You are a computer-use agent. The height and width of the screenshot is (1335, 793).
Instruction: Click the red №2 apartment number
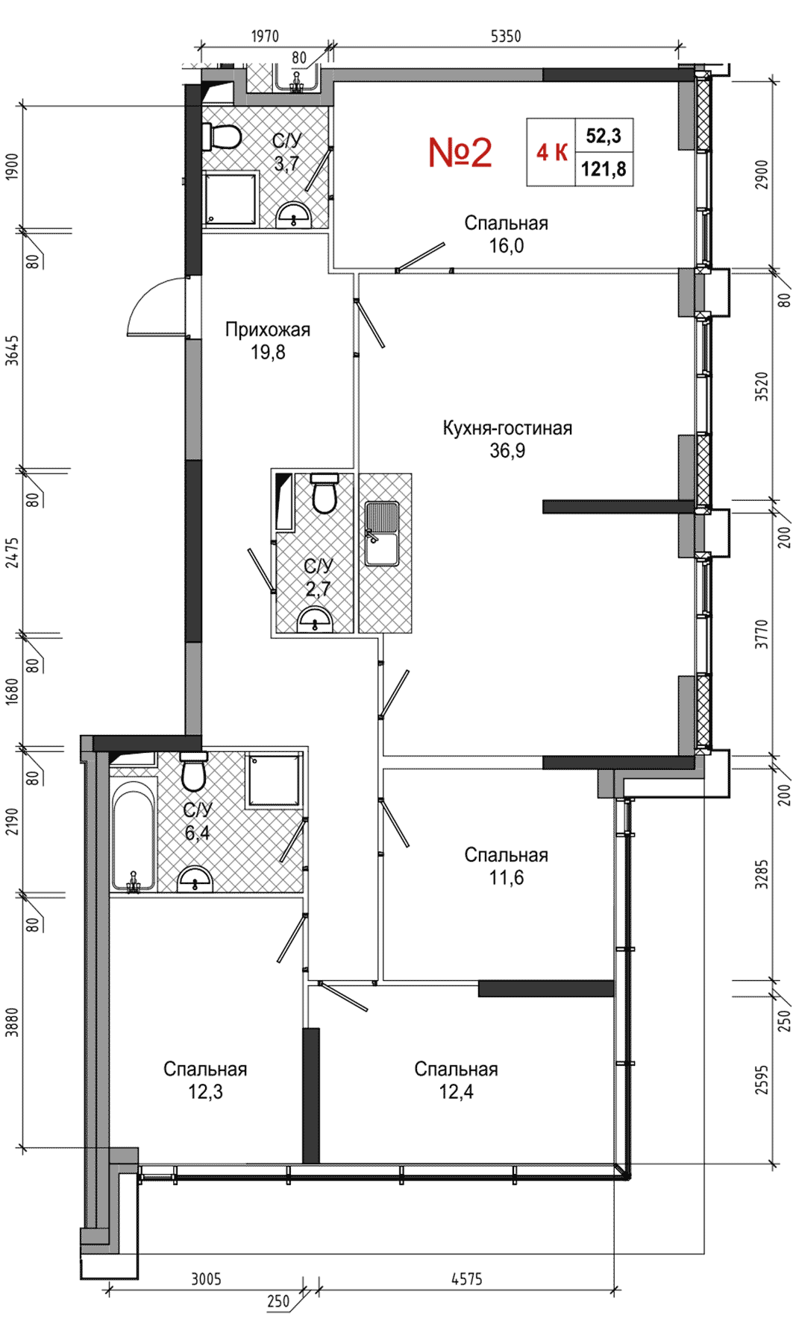click(460, 152)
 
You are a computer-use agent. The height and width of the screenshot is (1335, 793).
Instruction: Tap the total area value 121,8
click(604, 169)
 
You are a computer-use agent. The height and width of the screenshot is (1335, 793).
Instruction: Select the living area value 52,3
click(604, 136)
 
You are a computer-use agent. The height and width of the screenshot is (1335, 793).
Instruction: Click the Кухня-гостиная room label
click(507, 428)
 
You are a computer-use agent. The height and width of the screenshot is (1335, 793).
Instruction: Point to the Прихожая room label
click(268, 329)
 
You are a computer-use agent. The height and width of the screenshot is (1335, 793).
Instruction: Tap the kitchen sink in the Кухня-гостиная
click(382, 534)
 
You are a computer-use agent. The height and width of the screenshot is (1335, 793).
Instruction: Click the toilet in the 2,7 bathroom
click(325, 494)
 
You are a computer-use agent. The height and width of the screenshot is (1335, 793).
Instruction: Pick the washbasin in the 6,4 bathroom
click(195, 880)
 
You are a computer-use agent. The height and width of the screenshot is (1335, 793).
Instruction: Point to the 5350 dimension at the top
click(506, 36)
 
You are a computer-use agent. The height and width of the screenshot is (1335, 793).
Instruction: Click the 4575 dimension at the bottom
click(467, 1278)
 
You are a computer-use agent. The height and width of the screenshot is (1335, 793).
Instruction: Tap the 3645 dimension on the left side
click(12, 350)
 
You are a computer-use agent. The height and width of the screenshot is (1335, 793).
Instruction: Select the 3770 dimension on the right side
click(761, 634)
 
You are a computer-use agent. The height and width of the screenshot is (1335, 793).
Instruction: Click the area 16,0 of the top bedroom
click(507, 246)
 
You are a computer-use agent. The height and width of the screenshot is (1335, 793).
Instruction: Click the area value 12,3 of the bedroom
click(205, 1092)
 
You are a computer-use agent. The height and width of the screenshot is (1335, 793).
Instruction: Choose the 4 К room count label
click(552, 153)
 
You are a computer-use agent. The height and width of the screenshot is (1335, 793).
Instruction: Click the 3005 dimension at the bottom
click(207, 1278)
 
